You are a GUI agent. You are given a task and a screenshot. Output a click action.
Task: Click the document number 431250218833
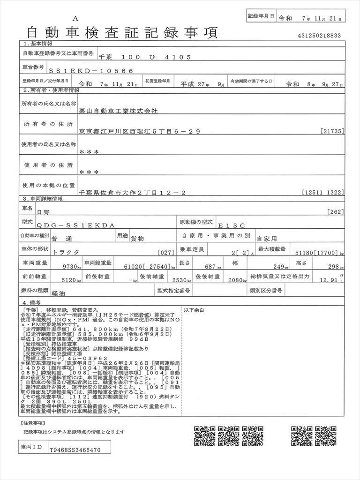click(319, 35)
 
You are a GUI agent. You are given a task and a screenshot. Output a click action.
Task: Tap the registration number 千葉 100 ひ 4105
click(145, 57)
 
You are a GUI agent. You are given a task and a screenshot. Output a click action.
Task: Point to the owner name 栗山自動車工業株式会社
click(119, 112)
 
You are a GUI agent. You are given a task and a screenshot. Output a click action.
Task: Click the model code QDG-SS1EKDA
click(75, 225)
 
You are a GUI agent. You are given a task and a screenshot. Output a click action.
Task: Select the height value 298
click(331, 266)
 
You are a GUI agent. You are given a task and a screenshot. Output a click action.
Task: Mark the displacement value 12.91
click(329, 280)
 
